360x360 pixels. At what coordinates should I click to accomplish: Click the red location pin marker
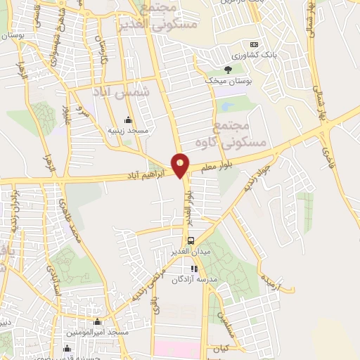181,165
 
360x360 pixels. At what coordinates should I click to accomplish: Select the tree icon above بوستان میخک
227,69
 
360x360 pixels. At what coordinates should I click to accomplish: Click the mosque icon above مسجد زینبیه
127,119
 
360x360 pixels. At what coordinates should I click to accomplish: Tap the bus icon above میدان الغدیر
191,239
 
